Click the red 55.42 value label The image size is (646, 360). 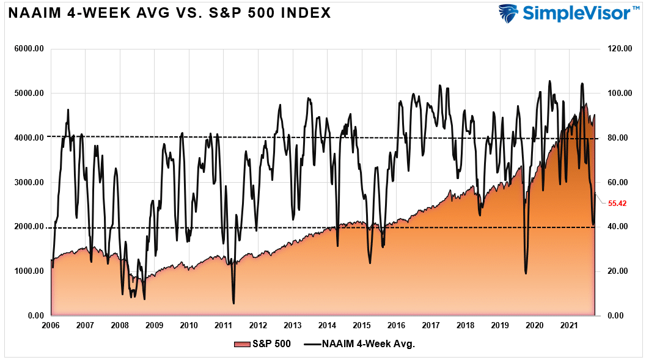(x=618, y=203)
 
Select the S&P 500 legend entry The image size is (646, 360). (x=262, y=344)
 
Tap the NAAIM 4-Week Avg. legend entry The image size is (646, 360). (x=361, y=344)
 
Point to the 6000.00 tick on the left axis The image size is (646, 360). (x=29, y=49)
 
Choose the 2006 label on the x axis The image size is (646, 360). (x=51, y=325)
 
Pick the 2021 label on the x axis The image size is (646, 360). (x=570, y=325)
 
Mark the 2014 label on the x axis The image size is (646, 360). (x=328, y=325)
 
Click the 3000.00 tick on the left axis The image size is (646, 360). (x=29, y=182)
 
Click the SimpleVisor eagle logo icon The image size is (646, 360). (x=508, y=13)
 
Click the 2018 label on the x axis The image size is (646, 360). (x=466, y=325)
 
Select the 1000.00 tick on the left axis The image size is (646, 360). (x=29, y=271)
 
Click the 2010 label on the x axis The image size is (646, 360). (x=189, y=325)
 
